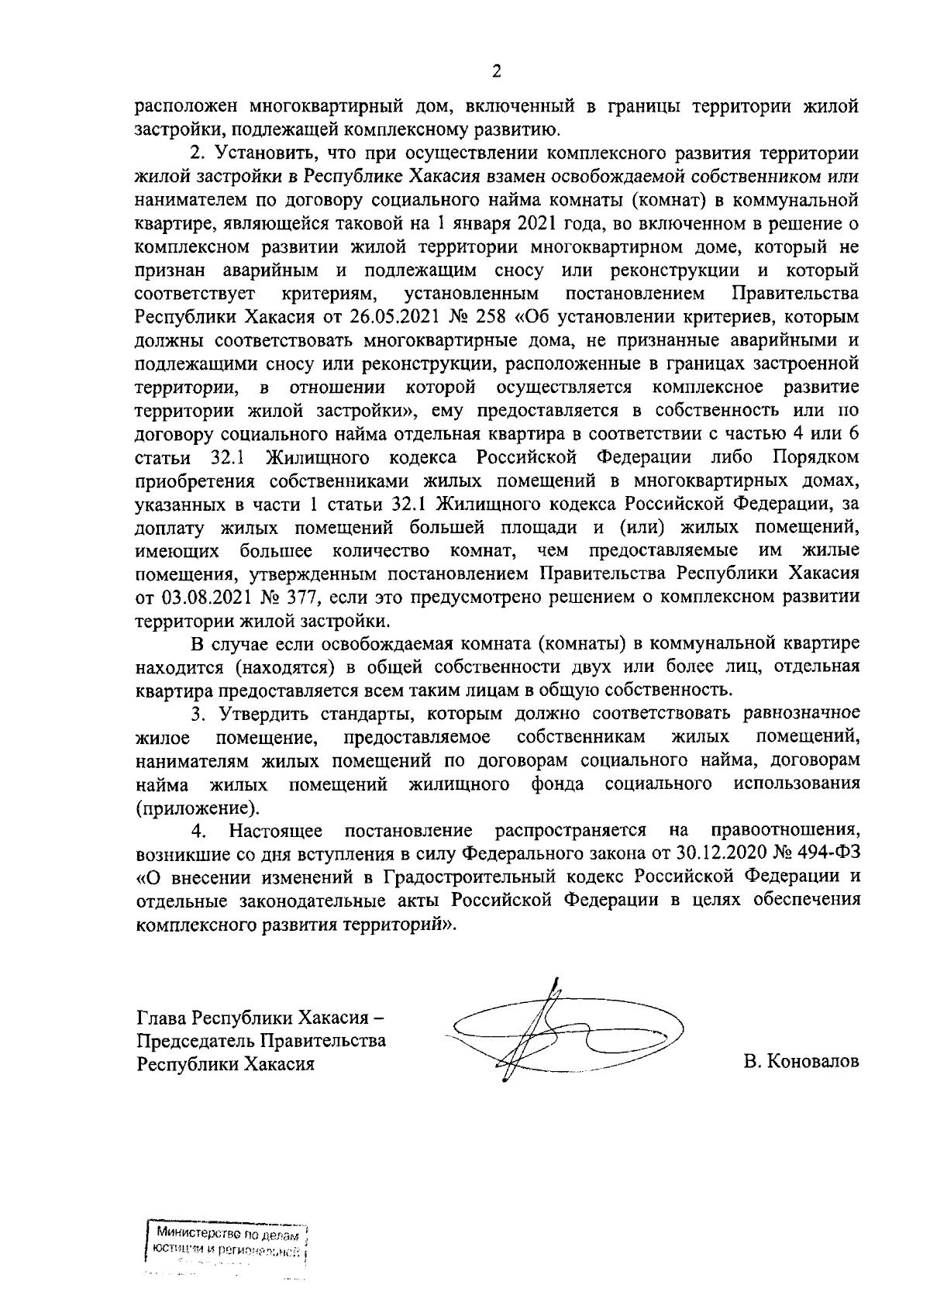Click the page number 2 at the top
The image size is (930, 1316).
(496, 72)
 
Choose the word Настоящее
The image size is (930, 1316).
(275, 830)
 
